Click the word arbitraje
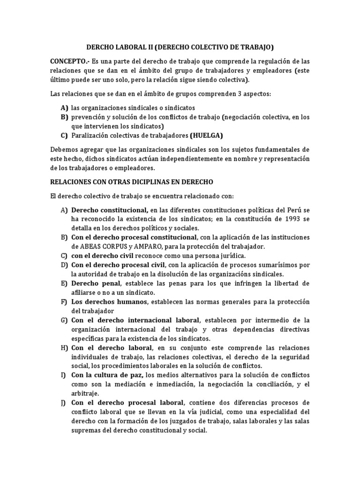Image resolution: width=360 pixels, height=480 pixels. tap(85, 393)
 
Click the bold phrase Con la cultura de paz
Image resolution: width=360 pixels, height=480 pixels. tap(107, 375)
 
